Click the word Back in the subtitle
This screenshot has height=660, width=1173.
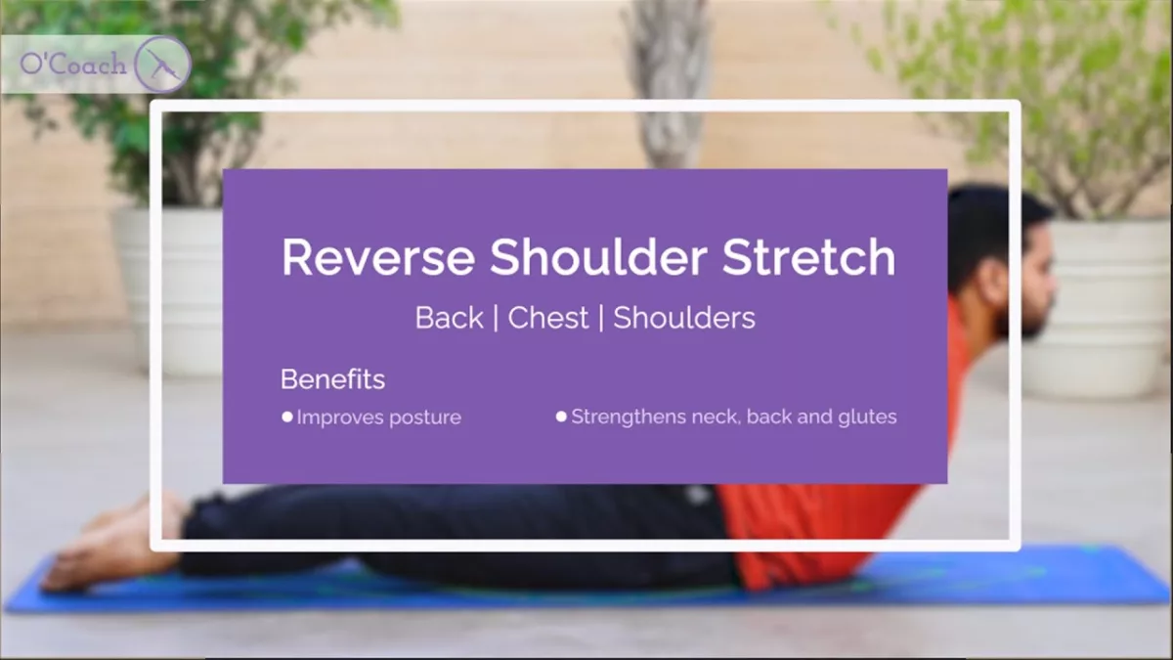pos(450,318)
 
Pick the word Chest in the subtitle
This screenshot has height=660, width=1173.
pos(548,318)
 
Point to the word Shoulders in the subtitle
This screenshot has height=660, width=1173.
pos(684,318)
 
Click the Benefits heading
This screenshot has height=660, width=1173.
pos(333,378)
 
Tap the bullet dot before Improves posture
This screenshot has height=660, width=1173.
pos(287,417)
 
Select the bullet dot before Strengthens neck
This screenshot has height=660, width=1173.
pos(561,417)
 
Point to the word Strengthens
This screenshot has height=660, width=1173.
pos(629,417)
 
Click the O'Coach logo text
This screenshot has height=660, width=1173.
pos(73,64)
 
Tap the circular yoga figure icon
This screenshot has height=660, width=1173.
pos(163,64)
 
